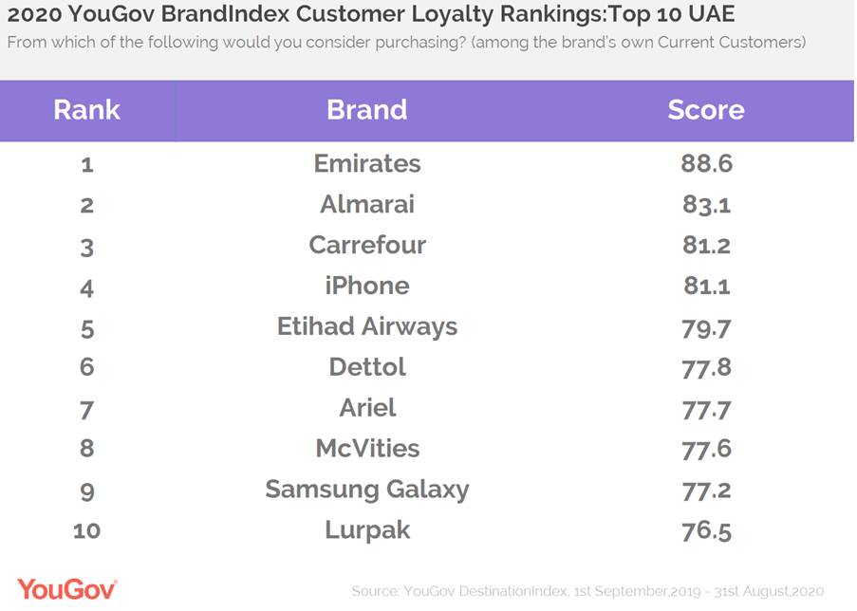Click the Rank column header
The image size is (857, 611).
[86, 110]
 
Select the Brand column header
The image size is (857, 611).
[366, 110]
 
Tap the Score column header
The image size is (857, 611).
[705, 110]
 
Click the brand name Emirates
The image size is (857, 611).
[366, 163]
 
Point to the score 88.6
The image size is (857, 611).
[706, 163]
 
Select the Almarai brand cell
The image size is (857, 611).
[366, 204]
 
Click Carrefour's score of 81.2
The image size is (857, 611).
[706, 245]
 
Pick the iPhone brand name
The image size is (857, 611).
[366, 286]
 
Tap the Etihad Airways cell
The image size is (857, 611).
[366, 326]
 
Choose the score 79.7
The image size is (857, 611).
[706, 326]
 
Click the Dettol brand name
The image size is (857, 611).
[366, 367]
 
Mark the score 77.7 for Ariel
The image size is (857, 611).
[706, 408]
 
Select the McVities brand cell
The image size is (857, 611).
[366, 449]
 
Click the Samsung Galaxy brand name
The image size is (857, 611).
[366, 490]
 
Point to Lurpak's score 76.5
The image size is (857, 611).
[706, 530]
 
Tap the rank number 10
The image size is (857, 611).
[86, 530]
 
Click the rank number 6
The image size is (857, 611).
[86, 367]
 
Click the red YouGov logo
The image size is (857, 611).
[66, 588]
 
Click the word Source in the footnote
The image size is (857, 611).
[375, 591]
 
